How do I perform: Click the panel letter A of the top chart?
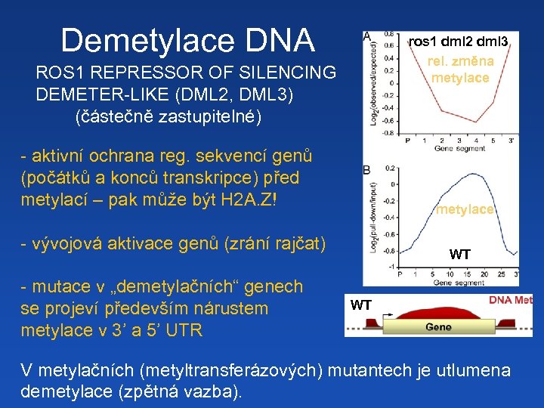[366, 36]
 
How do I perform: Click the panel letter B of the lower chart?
[366, 170]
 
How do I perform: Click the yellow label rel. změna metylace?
[459, 70]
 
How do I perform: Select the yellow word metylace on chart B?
[464, 209]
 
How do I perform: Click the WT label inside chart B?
[459, 255]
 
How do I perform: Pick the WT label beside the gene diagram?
[360, 305]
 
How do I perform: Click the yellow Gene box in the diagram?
[438, 326]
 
